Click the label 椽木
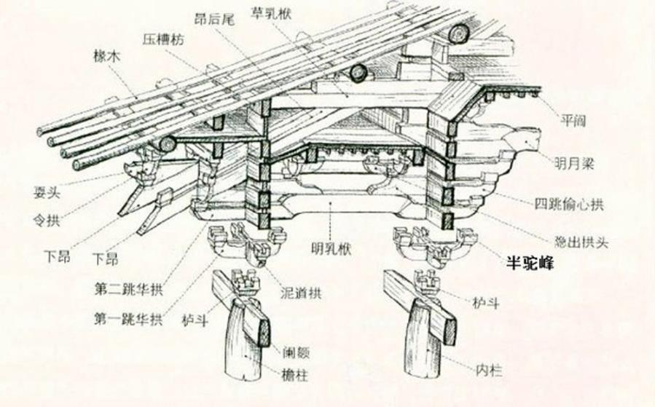tap(104, 58)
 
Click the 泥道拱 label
tap(302, 294)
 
